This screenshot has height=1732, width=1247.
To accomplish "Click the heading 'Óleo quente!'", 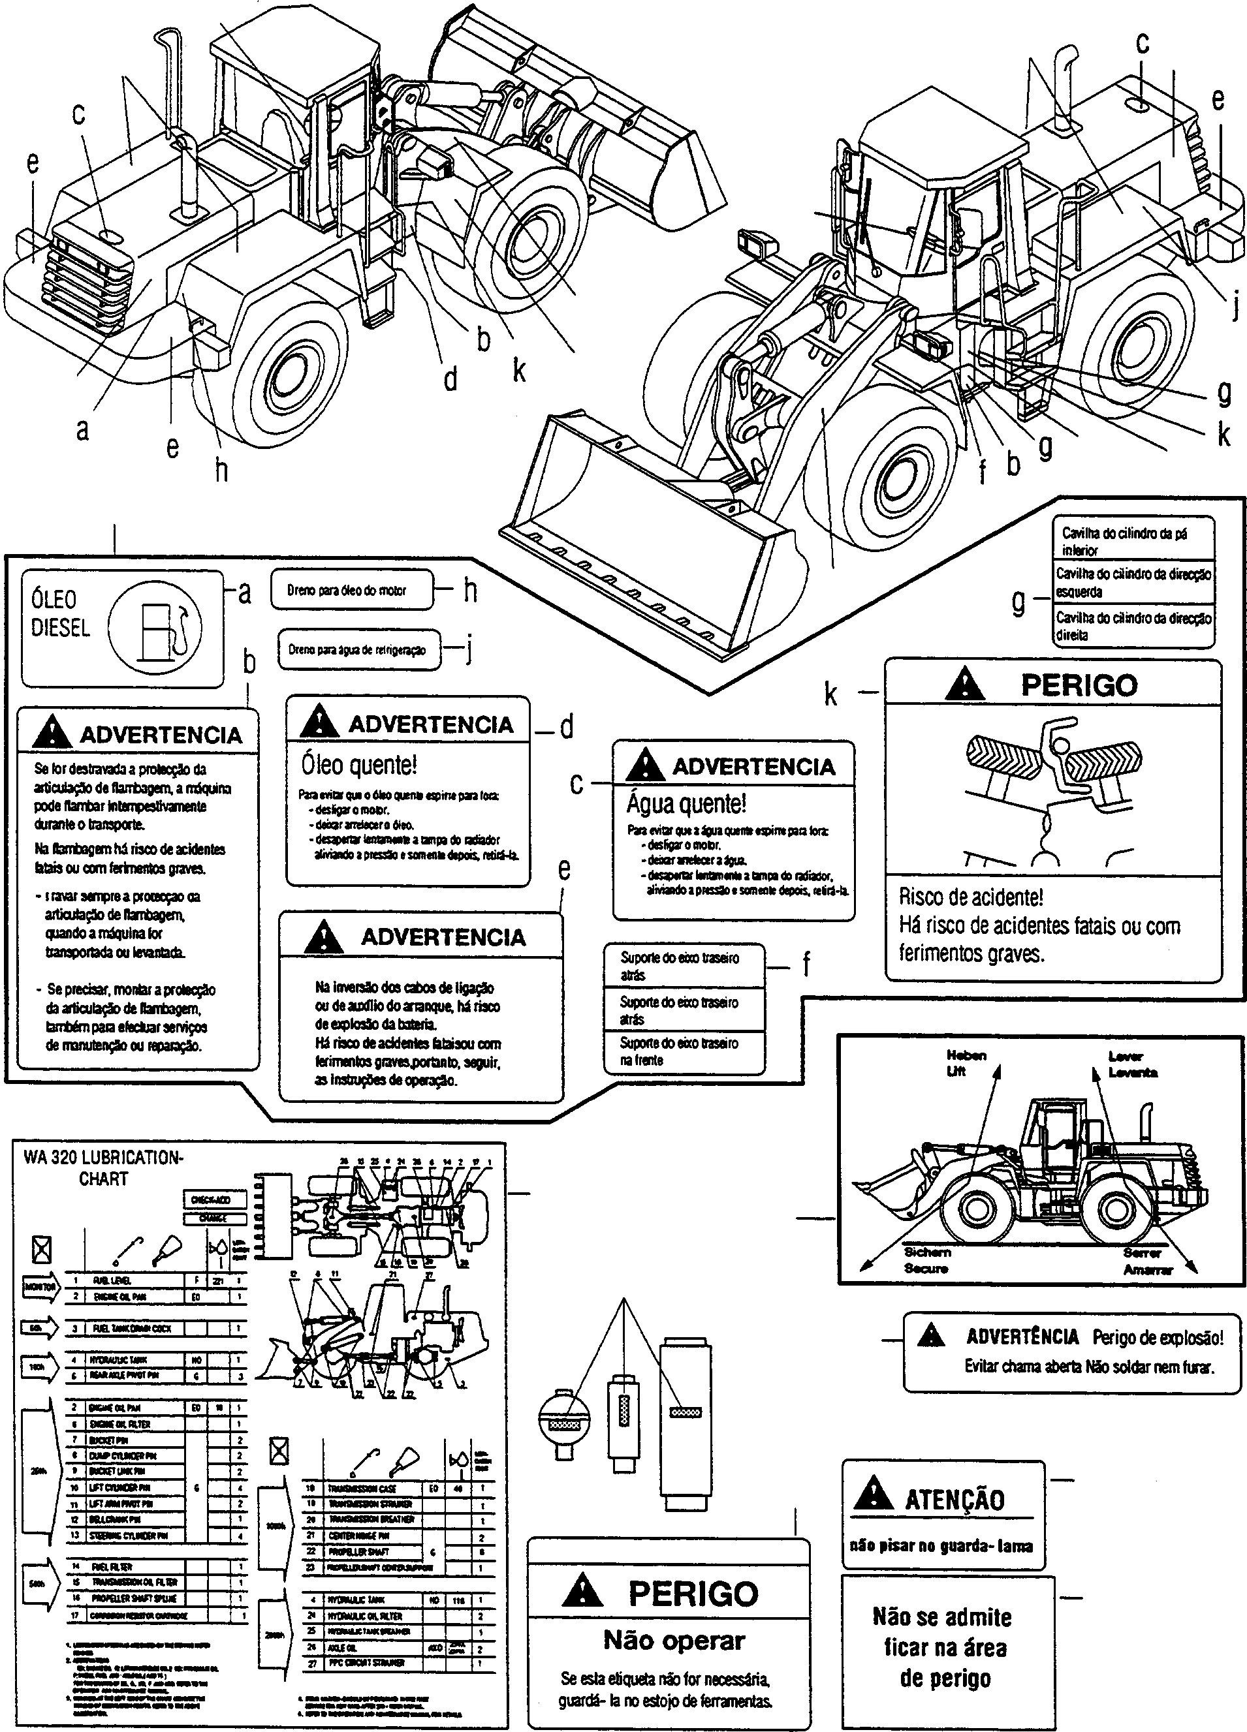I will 359,764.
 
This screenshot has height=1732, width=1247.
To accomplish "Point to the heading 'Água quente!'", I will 686,803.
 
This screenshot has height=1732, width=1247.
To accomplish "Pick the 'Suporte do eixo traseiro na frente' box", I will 683,1051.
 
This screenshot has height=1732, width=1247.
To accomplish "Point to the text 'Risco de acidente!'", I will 970,897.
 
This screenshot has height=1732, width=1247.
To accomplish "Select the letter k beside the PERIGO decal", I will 830,694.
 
